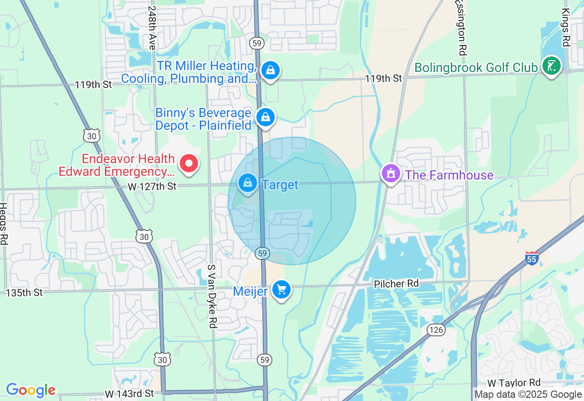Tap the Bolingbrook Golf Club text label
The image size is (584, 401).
pyautogui.click(x=475, y=68)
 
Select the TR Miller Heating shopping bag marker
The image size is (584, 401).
pyautogui.click(x=271, y=71)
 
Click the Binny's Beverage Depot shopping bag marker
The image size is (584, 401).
pyautogui.click(x=266, y=118)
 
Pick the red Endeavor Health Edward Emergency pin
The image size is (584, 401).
pyautogui.click(x=188, y=163)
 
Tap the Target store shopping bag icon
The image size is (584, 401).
pyautogui.click(x=248, y=183)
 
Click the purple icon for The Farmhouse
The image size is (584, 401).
pyautogui.click(x=391, y=174)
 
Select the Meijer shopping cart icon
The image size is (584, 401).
pyautogui.click(x=282, y=289)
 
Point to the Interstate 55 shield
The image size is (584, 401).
pyautogui.click(x=532, y=258)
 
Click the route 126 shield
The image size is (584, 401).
pyautogui.click(x=437, y=329)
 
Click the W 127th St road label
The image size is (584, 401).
pyautogui.click(x=152, y=186)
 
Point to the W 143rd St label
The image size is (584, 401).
pyautogui.click(x=129, y=393)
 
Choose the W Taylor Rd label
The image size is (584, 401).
pyautogui.click(x=514, y=382)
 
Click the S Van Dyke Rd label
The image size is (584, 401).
pyautogui.click(x=211, y=296)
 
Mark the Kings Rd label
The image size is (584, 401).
pyautogui.click(x=566, y=27)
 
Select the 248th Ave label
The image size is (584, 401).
pyautogui.click(x=152, y=27)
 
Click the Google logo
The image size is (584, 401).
pyautogui.click(x=31, y=391)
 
